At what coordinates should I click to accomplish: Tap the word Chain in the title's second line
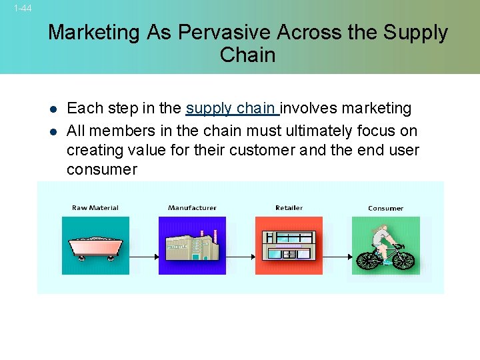pyautogui.click(x=247, y=55)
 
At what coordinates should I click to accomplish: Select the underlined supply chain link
pyautogui.click(x=232, y=108)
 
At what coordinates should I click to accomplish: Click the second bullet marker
pyautogui.click(x=53, y=131)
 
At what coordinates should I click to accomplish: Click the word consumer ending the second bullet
pyautogui.click(x=101, y=169)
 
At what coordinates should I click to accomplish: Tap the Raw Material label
pyautogui.click(x=95, y=208)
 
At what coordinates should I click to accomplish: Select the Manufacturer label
pyautogui.click(x=192, y=208)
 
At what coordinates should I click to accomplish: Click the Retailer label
pyautogui.click(x=289, y=208)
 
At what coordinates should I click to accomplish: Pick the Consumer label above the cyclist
pyautogui.click(x=385, y=209)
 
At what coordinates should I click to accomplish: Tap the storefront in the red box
pyautogui.click(x=289, y=245)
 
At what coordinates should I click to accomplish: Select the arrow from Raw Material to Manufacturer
pyautogui.click(x=143, y=256)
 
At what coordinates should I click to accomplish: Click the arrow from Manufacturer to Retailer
pyautogui.click(x=240, y=256)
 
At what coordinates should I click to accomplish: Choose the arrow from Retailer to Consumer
pyautogui.click(x=337, y=256)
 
